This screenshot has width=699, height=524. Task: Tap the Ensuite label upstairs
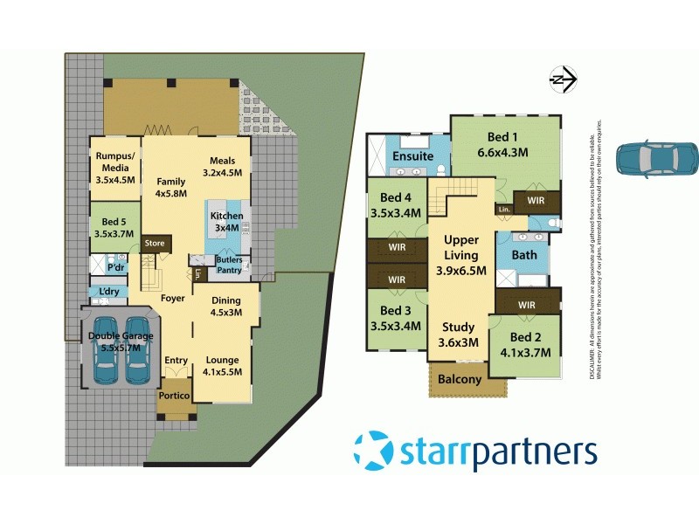click(412, 156)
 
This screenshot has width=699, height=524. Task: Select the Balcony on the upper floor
click(460, 379)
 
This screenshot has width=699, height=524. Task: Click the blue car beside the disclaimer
click(657, 158)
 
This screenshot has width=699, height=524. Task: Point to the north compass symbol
click(562, 80)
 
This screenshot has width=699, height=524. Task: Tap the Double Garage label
click(121, 335)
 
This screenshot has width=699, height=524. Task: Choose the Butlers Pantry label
click(229, 265)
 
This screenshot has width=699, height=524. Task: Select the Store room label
click(155, 243)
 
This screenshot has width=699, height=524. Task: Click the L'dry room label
click(109, 291)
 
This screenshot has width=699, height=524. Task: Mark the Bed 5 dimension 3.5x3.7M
click(114, 235)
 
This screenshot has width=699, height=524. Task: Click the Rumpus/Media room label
click(114, 162)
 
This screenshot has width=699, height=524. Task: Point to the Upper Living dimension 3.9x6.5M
click(460, 272)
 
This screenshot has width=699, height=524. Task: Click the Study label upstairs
click(460, 327)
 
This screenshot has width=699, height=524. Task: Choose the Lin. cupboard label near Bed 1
click(502, 210)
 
